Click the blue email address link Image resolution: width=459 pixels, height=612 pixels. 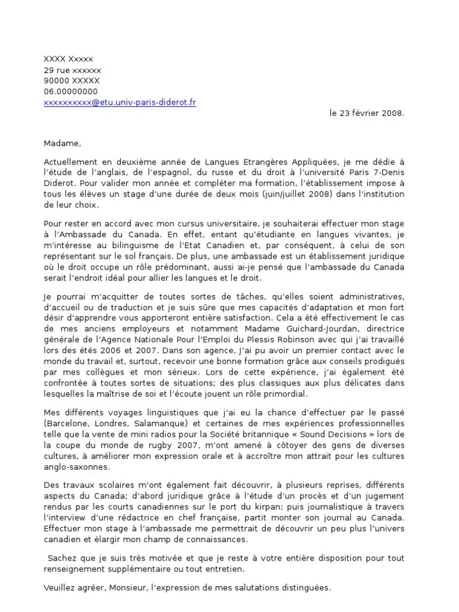coord(120,102)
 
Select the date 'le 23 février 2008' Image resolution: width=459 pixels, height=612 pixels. coord(367,112)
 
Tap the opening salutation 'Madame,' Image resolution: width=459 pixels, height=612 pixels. coord(61,143)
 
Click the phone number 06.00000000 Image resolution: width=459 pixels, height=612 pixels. coord(71,91)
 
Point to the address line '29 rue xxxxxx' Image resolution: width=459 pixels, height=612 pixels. coord(72,70)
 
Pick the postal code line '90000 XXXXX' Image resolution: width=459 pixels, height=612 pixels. coord(72,81)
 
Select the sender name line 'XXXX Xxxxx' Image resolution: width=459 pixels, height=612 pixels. coord(68,59)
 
